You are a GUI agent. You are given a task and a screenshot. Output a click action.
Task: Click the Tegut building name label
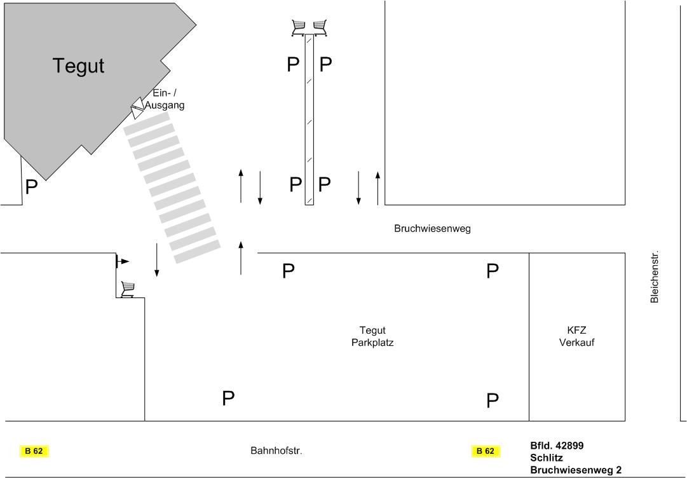pyautogui.click(x=78, y=65)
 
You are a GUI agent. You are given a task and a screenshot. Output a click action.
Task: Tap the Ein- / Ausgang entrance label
pyautogui.click(x=165, y=99)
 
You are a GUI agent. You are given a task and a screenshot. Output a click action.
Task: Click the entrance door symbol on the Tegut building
pyautogui.click(x=137, y=109)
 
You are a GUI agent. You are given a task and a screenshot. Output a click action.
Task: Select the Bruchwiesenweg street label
pyautogui.click(x=432, y=229)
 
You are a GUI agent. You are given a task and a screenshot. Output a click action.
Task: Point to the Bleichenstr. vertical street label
pyautogui.click(x=655, y=277)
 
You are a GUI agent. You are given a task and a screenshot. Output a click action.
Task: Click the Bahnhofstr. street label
pyautogui.click(x=276, y=451)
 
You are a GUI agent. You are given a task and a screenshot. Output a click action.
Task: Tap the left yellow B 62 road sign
pyautogui.click(x=34, y=451)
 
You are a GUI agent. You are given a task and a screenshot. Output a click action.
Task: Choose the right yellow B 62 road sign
pyautogui.click(x=485, y=451)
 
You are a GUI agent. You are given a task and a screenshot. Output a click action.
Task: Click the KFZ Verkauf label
pyautogui.click(x=576, y=336)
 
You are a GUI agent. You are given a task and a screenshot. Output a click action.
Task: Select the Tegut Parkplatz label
pyautogui.click(x=372, y=336)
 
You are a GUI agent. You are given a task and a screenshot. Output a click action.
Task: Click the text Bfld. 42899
pyautogui.click(x=557, y=446)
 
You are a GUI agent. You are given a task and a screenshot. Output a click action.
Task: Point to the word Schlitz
pyautogui.click(x=547, y=458)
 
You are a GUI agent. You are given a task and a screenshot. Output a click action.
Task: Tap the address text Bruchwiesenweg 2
pyautogui.click(x=576, y=470)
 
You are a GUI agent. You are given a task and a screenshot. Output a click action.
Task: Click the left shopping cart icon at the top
pyautogui.click(x=298, y=27)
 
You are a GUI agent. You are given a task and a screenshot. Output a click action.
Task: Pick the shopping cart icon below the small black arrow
pyautogui.click(x=128, y=289)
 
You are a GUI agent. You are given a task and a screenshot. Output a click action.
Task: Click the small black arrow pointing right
pyautogui.click(x=122, y=261)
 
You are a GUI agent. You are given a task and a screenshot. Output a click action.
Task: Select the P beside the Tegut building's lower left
pyautogui.click(x=31, y=188)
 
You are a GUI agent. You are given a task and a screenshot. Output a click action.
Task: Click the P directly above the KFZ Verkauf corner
pyautogui.click(x=493, y=271)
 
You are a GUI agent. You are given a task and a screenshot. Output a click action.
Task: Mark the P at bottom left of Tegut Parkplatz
pyautogui.click(x=228, y=399)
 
